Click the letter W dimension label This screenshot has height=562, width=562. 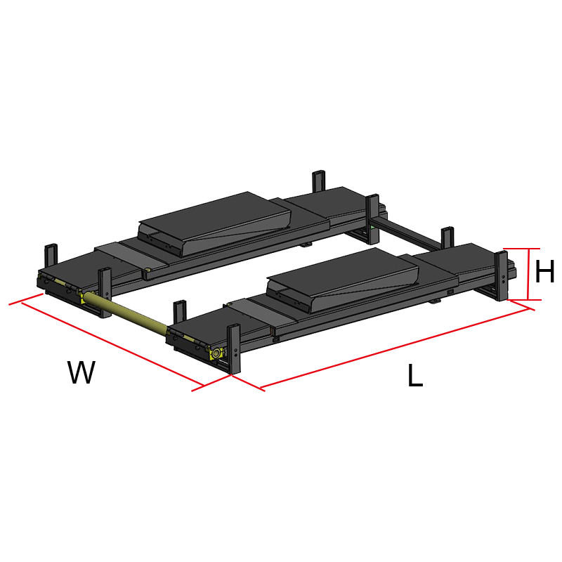tap(81, 372)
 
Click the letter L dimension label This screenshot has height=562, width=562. tap(415, 375)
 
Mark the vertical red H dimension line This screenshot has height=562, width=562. tap(528, 274)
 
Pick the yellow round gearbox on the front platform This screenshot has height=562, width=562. tap(216, 354)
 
